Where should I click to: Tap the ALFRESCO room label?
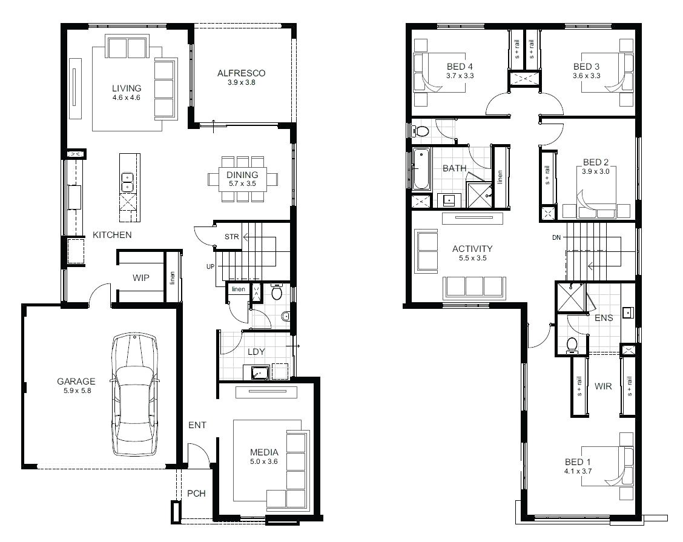[241, 73]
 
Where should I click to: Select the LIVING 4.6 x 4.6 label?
[126, 93]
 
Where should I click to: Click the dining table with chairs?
[243, 179]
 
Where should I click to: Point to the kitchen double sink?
[127, 178]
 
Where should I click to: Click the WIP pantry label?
[141, 279]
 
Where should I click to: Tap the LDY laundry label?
[254, 351]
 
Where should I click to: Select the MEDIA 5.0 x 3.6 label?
[264, 457]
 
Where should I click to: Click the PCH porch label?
[196, 494]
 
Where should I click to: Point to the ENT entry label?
[197, 425]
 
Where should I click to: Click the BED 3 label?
[586, 67]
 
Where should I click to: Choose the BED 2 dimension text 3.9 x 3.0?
[596, 171]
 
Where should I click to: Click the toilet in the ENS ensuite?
[572, 344]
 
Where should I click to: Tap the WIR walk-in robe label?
[602, 386]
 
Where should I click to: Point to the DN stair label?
[556, 237]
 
